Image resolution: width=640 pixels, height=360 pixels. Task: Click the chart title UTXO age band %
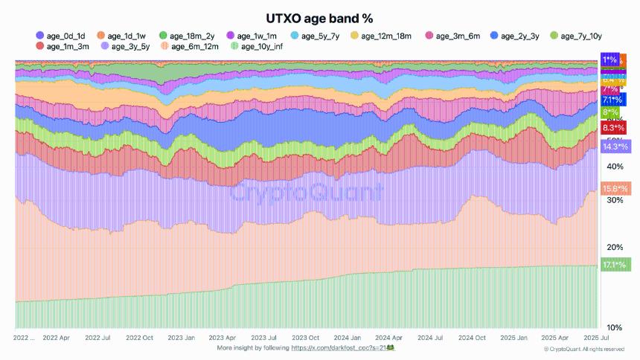click(x=319, y=17)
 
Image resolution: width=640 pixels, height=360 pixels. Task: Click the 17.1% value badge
click(x=615, y=264)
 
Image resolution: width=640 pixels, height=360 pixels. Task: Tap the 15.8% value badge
click(x=615, y=188)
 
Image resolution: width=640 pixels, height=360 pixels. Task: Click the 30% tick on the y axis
click(x=615, y=201)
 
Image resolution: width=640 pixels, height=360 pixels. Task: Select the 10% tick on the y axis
click(x=615, y=327)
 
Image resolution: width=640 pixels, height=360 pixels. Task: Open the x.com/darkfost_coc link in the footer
click(x=342, y=347)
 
